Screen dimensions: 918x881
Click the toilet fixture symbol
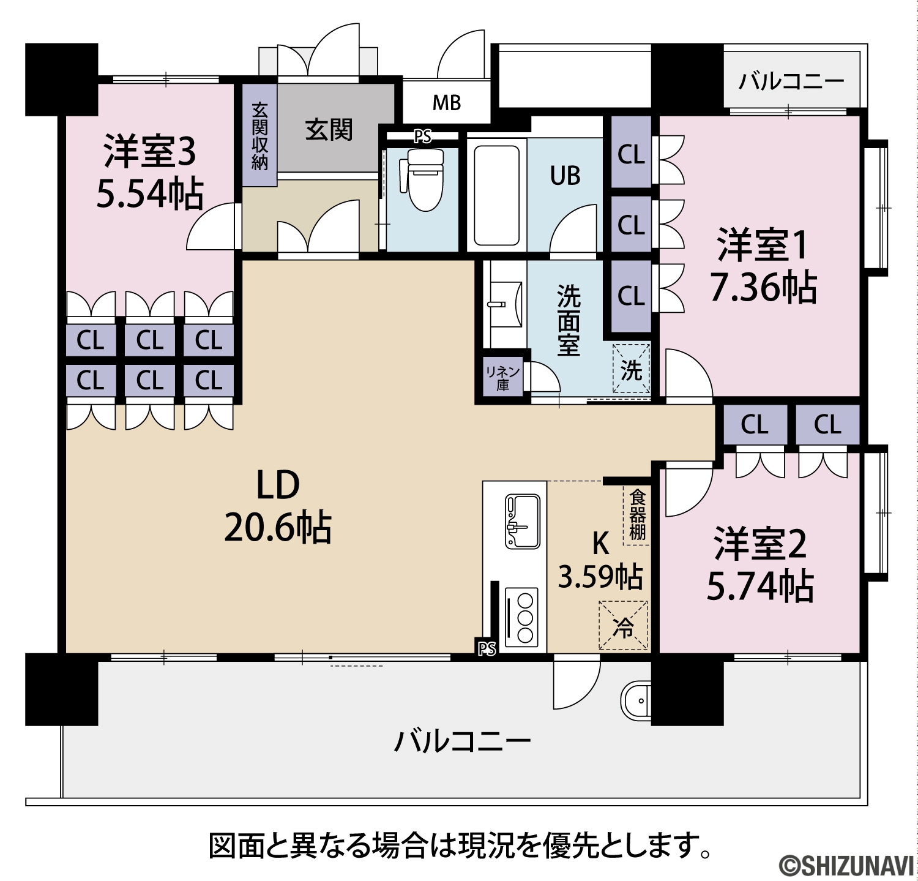click(424, 179)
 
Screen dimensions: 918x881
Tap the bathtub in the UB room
click(497, 194)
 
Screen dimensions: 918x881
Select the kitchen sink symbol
click(522, 521)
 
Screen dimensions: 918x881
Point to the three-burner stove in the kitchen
click(522, 617)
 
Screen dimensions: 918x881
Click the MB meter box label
click(447, 103)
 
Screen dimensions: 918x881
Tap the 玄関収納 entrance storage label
click(259, 136)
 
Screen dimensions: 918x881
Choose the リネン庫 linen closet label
click(503, 378)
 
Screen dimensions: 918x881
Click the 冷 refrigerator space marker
click(624, 626)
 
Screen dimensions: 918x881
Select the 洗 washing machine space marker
click(632, 369)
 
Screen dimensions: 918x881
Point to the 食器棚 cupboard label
click(637, 514)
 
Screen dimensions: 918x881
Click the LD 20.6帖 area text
click(278, 506)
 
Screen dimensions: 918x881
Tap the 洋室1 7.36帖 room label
click(763, 266)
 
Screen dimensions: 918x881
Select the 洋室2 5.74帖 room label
click(760, 564)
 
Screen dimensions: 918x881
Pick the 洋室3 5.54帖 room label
click(150, 171)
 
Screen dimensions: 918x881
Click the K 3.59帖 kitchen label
click(600, 560)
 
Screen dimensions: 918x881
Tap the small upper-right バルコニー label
click(791, 81)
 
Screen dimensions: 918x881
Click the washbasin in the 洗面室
click(506, 304)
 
